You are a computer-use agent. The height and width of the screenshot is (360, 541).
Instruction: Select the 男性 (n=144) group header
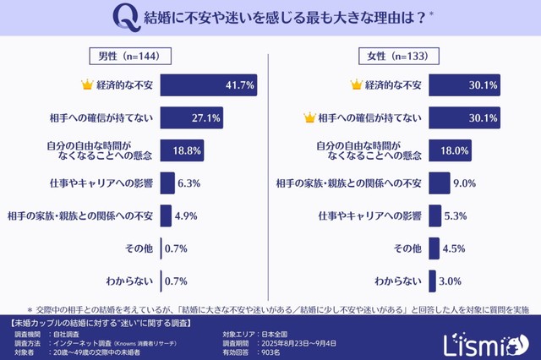coord(131,57)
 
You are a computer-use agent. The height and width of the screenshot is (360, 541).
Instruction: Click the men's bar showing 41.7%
coord(209,85)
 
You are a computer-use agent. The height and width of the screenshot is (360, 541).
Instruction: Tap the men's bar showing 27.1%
coord(191,117)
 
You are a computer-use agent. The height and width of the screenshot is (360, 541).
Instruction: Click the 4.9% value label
coord(187,215)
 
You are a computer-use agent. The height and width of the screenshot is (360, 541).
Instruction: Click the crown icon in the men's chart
coord(85,85)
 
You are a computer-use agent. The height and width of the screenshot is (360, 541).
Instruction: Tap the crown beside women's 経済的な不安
coord(355,85)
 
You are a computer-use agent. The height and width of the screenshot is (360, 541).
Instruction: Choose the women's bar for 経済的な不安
coord(466,85)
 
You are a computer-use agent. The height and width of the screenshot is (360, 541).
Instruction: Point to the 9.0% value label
coord(465,183)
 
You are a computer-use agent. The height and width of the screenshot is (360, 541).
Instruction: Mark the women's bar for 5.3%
coord(434,215)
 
